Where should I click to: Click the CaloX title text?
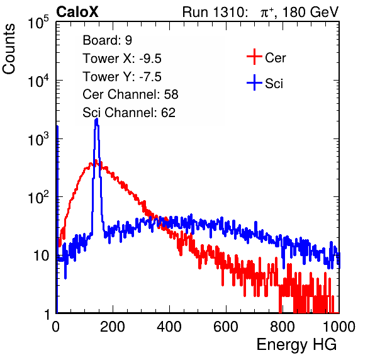[77, 12]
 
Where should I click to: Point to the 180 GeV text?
[311, 12]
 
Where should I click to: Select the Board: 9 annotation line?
[107, 40]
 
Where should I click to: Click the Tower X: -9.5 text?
[122, 59]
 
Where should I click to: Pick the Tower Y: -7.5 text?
[122, 77]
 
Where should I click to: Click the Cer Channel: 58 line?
[130, 94]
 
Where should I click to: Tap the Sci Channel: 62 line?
[129, 113]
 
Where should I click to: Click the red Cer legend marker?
[254, 57]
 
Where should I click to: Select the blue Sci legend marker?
[254, 83]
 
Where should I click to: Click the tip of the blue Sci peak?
[96, 119]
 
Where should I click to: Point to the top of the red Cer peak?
[96, 160]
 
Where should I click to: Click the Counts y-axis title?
[9, 49]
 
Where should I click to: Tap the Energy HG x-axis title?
[296, 345]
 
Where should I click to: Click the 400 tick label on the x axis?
[169, 327]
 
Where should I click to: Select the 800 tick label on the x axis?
[283, 327]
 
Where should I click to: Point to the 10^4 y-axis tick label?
[38, 80]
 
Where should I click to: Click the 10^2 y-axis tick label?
[38, 197]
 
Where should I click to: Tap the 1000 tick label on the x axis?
[339, 327]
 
